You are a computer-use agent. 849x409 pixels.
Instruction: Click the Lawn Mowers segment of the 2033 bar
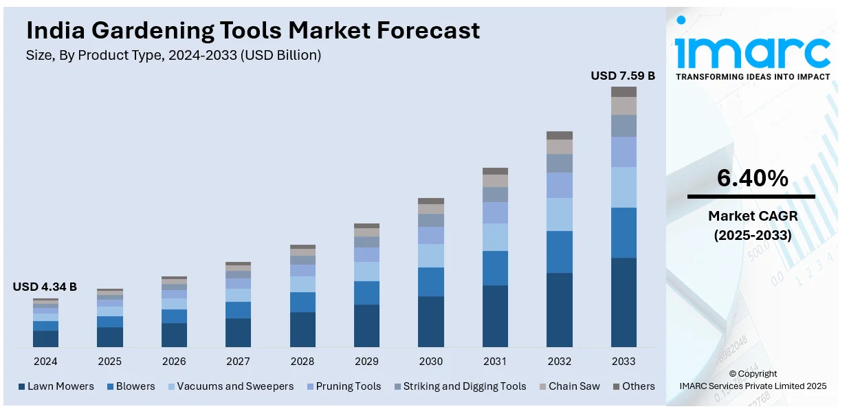click(x=624, y=302)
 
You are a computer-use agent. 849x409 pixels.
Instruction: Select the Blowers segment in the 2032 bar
click(x=560, y=252)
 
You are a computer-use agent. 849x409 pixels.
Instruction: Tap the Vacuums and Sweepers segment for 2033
click(x=624, y=187)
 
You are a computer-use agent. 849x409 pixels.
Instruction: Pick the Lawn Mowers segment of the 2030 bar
click(x=431, y=321)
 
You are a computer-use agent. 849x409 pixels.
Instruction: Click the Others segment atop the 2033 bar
click(x=624, y=91)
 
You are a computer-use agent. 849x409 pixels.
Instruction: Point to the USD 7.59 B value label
click(x=623, y=76)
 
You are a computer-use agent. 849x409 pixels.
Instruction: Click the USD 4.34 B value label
click(x=45, y=287)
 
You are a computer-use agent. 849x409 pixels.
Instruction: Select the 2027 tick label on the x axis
click(x=238, y=362)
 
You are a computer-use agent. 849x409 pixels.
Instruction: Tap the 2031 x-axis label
click(x=495, y=362)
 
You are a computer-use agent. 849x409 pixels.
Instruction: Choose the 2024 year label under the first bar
click(x=45, y=362)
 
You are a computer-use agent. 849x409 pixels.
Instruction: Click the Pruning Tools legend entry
click(x=348, y=386)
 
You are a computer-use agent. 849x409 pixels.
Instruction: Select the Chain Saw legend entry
click(x=574, y=386)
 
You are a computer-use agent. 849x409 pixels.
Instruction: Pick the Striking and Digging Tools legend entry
click(x=464, y=386)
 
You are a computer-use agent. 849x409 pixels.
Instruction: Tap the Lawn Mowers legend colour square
click(x=22, y=386)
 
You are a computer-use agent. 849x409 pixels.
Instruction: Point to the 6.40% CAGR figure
click(x=752, y=179)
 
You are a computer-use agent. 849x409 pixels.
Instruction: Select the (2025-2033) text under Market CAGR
click(x=752, y=235)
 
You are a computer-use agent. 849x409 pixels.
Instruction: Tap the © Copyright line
click(x=753, y=374)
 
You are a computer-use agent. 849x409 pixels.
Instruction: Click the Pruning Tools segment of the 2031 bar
click(x=495, y=212)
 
